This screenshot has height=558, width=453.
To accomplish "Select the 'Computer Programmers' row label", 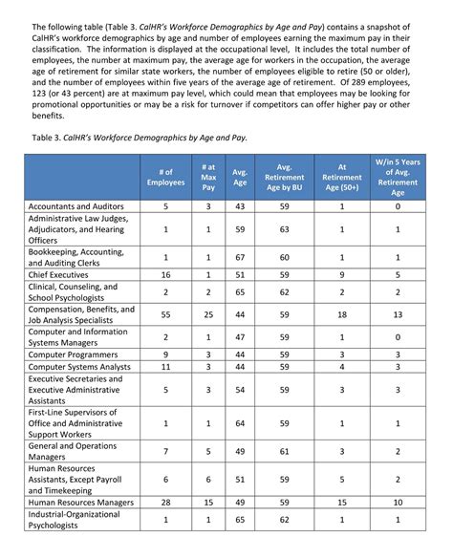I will (75, 354).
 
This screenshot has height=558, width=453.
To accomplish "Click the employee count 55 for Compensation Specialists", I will (165, 313).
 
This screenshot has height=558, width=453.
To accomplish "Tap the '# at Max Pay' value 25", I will (207, 313).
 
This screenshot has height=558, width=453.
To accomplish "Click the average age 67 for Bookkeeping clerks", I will (240, 257).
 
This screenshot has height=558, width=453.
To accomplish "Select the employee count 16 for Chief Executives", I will (165, 274).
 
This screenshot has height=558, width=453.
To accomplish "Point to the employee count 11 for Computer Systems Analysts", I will (165, 367).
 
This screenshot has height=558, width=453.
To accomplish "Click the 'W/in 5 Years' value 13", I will (398, 313).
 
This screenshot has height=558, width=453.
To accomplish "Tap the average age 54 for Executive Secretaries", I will (240, 390).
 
